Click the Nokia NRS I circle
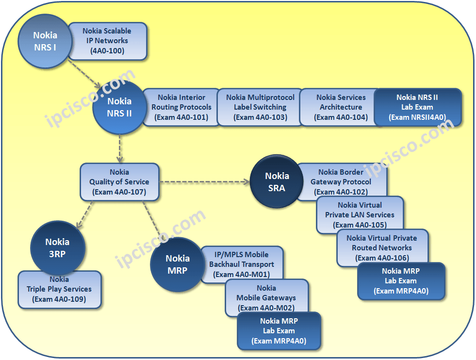point(45,41)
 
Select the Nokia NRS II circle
point(119,108)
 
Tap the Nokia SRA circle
point(277,182)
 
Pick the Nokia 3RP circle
point(57,248)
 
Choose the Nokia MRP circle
point(177,264)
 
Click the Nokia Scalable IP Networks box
point(107,41)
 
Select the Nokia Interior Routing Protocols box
point(181,107)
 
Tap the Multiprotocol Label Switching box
point(256,107)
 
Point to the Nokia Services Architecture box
point(341,107)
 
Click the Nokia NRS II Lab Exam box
point(417,107)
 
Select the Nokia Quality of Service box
point(119,182)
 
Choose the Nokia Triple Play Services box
point(59,290)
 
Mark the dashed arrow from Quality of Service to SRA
point(204,182)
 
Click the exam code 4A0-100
point(107,50)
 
